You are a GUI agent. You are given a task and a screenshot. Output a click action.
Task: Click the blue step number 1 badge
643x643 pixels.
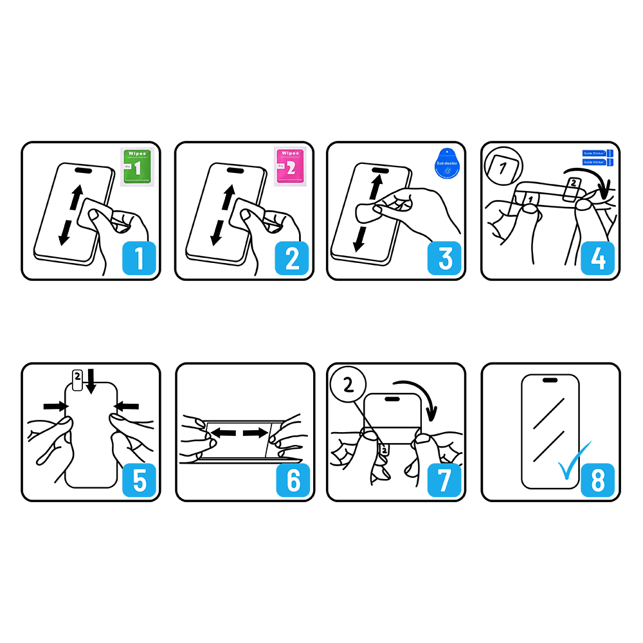(140, 258)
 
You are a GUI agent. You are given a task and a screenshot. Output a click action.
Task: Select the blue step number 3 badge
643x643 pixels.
(445, 258)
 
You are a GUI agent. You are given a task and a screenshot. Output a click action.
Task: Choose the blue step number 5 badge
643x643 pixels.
(140, 479)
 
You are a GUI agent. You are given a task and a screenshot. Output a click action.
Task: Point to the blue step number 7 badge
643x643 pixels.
(445, 479)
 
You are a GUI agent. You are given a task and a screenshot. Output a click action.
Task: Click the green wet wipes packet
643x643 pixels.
(136, 167)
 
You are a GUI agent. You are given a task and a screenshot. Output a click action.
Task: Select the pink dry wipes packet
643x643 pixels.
(289, 167)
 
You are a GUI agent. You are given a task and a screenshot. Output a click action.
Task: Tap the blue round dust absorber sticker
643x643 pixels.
(447, 167)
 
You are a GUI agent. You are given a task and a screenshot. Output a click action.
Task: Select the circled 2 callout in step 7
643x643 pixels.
(347, 386)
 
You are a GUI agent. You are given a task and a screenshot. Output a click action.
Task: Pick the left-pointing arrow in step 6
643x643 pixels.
(224, 434)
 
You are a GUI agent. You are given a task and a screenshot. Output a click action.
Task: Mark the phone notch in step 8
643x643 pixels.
(550, 380)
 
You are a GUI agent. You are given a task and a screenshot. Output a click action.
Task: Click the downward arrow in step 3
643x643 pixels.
(358, 239)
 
